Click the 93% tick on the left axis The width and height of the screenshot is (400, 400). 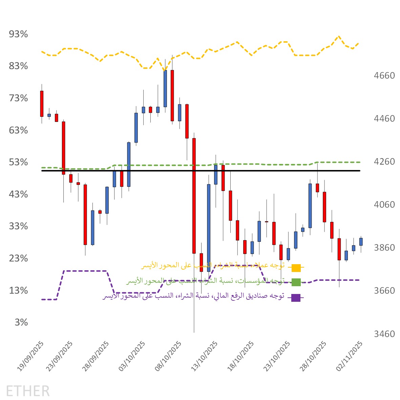pyautogui.click(x=18, y=34)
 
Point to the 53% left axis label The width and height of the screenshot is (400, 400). pyautogui.click(x=18, y=162)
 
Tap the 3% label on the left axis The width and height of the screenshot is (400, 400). pyautogui.click(x=21, y=322)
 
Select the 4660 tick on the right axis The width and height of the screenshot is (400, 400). pyautogui.click(x=384, y=76)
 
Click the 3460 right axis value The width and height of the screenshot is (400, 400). pyautogui.click(x=384, y=334)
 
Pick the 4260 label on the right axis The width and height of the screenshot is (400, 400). pyautogui.click(x=384, y=162)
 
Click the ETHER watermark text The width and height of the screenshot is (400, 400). pyautogui.click(x=28, y=391)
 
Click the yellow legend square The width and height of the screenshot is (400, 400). pyautogui.click(x=296, y=268)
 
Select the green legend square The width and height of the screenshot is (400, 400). pyautogui.click(x=296, y=282)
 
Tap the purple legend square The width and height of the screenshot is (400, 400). pyautogui.click(x=296, y=298)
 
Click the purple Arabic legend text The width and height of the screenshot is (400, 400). pyautogui.click(x=193, y=296)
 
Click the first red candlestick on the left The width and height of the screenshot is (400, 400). pyautogui.click(x=42, y=104)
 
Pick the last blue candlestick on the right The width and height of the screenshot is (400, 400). pyautogui.click(x=361, y=241)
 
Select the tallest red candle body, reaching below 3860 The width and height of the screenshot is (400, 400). pyautogui.click(x=194, y=195)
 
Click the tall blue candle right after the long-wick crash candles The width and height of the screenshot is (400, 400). pyautogui.click(x=209, y=228)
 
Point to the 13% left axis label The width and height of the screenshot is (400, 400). pyautogui.click(x=18, y=291)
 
